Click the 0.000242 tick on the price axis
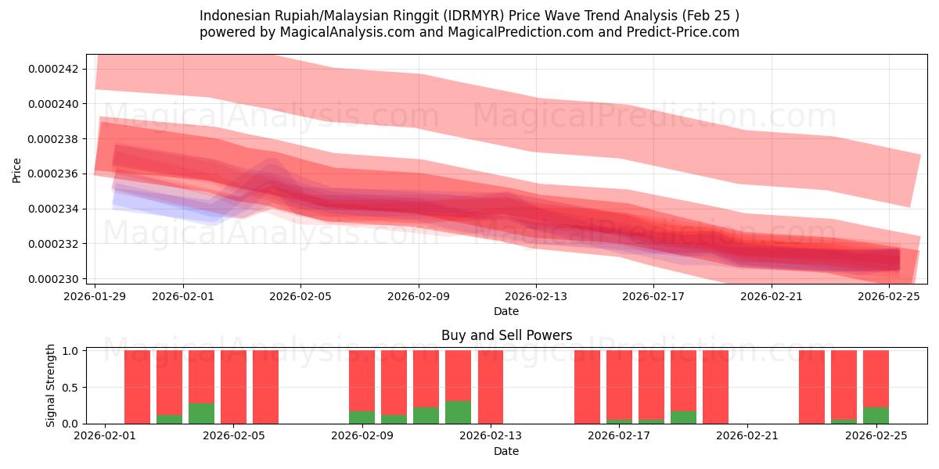[x=53, y=69]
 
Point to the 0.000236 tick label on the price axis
[x=53, y=174]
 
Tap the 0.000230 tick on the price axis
[x=53, y=279]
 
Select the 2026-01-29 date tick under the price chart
[x=95, y=296]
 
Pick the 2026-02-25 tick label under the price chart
[x=890, y=296]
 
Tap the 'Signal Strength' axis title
[x=51, y=385]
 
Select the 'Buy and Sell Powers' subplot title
[x=506, y=335]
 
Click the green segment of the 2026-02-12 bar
[x=458, y=412]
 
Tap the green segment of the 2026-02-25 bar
[x=876, y=415]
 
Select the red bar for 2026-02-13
[x=490, y=387]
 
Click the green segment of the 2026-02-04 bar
[x=201, y=413]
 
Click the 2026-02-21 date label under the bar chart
[x=747, y=435]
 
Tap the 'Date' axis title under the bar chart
[x=506, y=451]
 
